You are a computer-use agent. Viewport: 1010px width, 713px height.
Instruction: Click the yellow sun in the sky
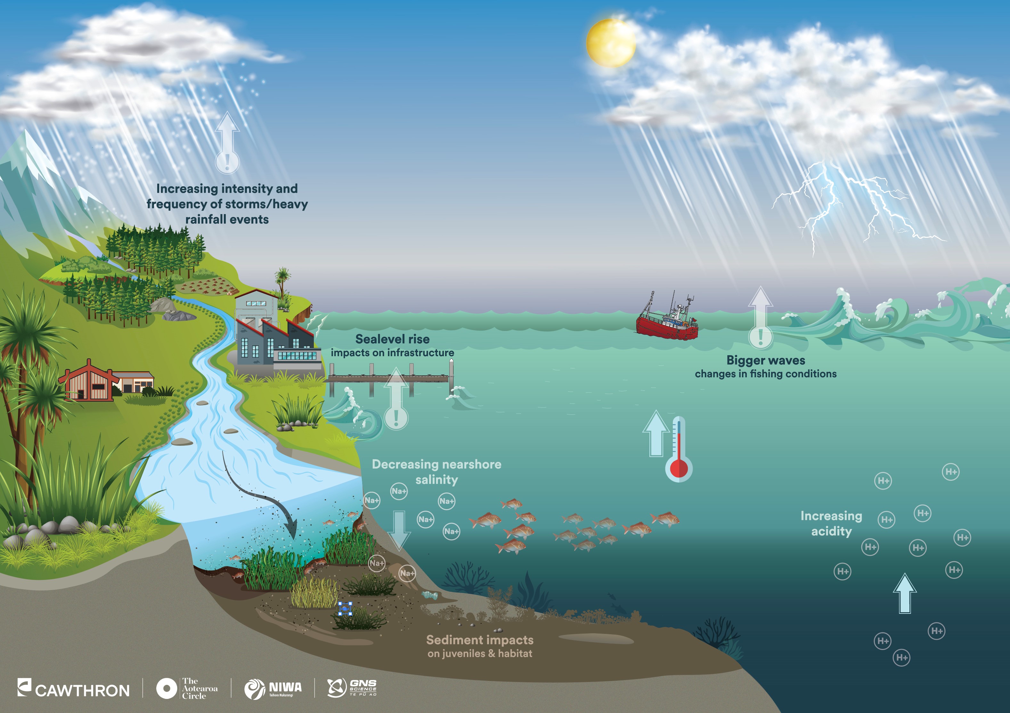(611, 43)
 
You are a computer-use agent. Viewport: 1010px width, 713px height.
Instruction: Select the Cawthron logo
(74, 689)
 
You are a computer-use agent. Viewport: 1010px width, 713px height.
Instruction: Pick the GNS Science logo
(352, 688)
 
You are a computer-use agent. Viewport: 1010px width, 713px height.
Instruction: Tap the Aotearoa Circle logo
(187, 688)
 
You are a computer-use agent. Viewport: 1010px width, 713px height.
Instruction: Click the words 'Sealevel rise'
(392, 339)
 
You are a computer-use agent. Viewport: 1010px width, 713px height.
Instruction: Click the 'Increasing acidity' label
(831, 524)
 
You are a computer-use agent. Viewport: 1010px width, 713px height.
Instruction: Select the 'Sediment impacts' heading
(479, 640)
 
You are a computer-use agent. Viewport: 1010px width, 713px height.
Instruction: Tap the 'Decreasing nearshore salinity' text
(436, 472)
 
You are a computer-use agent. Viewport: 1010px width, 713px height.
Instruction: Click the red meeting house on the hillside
(88, 381)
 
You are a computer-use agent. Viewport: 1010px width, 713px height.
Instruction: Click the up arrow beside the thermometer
(656, 434)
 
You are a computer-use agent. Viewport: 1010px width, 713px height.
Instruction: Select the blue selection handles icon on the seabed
(345, 609)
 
